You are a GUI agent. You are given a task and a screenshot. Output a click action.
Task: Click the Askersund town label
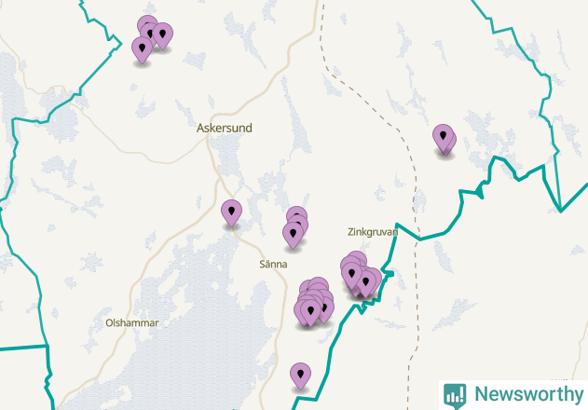(225, 128)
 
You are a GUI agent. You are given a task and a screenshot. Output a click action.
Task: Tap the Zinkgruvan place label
(372, 232)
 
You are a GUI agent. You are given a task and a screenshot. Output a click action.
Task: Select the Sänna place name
(274, 265)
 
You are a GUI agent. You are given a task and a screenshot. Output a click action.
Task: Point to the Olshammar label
(132, 323)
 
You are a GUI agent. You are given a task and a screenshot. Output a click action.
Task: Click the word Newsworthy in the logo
(523, 394)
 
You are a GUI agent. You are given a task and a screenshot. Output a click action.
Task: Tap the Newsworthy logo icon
(455, 394)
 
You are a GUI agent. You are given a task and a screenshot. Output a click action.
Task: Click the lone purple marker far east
(444, 139)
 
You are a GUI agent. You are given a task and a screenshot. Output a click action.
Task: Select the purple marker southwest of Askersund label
(231, 213)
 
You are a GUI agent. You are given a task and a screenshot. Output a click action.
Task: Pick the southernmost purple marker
(300, 376)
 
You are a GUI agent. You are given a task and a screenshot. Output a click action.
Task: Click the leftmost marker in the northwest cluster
(143, 49)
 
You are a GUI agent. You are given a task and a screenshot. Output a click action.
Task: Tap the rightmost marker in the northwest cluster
(162, 35)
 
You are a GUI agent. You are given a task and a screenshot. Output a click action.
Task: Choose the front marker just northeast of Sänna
(294, 234)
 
